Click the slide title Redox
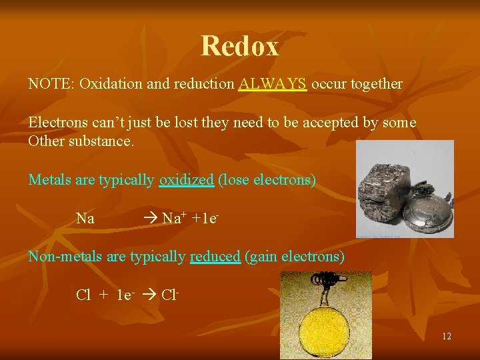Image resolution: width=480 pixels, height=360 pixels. pos(239,46)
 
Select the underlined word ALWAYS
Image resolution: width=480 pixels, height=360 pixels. pos(273,84)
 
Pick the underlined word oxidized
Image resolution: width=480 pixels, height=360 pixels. pos(186,180)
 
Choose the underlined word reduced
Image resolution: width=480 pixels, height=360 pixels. pos(215,257)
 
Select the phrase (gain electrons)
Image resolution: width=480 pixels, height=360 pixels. pos(295,257)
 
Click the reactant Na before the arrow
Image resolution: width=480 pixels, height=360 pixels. pos(85,219)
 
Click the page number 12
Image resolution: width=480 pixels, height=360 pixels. pos(446,336)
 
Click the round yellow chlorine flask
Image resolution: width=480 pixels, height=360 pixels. pos(326,327)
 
